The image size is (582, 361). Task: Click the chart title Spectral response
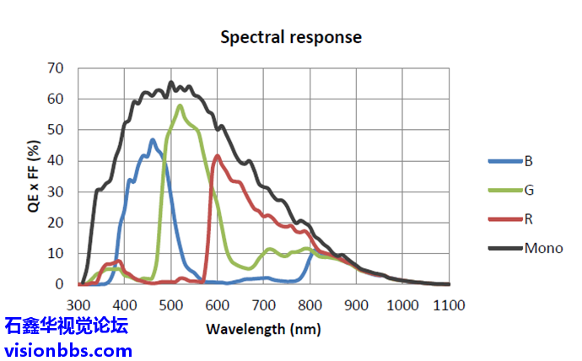pos(291,37)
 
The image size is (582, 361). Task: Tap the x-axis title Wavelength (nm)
pos(263,328)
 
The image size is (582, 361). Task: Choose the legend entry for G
pos(529,191)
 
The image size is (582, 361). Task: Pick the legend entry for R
pos(528,219)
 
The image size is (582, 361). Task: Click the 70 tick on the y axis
pos(56,67)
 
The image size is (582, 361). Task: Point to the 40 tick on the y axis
pos(56,160)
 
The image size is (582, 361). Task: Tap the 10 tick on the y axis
pos(56,253)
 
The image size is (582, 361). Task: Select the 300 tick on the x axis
pos(78,304)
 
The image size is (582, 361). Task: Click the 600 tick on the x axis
pos(217,304)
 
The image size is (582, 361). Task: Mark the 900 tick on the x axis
pos(356,304)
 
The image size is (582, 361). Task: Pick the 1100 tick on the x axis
pos(449,304)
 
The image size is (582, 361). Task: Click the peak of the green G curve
pos(180,105)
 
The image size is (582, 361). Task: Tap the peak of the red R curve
pos(218,155)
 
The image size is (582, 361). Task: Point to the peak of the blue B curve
pos(153,140)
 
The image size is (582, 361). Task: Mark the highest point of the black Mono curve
pos(171,82)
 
